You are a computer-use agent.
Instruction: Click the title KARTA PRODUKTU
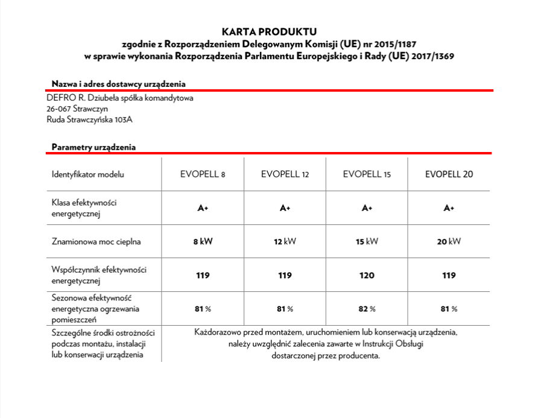click(x=269, y=31)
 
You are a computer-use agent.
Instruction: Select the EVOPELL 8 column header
click(x=203, y=174)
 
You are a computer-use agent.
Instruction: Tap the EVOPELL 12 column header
click(x=285, y=174)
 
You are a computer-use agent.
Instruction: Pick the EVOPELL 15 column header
click(x=366, y=174)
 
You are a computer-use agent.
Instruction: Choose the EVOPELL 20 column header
click(x=449, y=174)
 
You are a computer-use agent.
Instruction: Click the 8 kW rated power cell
click(x=203, y=242)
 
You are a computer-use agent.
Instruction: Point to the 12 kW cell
click(x=285, y=242)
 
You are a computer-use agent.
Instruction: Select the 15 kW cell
click(x=366, y=242)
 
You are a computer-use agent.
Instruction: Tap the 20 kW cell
click(x=449, y=242)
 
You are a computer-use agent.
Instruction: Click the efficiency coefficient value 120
click(x=366, y=276)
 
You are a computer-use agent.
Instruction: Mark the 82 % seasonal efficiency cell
click(x=366, y=309)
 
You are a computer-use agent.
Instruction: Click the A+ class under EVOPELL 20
click(x=449, y=208)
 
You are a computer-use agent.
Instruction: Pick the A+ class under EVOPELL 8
click(x=203, y=208)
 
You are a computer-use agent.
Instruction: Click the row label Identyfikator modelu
click(x=87, y=174)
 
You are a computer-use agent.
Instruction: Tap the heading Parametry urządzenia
click(x=93, y=147)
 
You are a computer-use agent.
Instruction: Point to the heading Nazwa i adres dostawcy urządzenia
click(x=118, y=83)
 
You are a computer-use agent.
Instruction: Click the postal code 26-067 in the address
click(x=59, y=109)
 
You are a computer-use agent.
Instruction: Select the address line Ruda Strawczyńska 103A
click(x=89, y=120)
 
